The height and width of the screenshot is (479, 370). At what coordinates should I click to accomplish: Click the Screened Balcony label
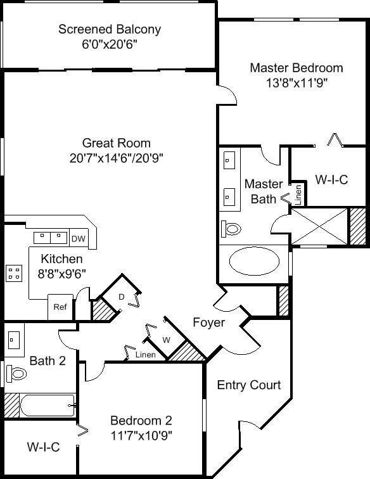[x=109, y=30]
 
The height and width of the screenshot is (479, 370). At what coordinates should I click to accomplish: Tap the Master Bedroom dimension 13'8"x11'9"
[x=297, y=82]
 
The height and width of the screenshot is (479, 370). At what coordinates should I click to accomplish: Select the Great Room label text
[x=116, y=143]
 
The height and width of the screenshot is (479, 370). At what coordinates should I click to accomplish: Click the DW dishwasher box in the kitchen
[x=78, y=238]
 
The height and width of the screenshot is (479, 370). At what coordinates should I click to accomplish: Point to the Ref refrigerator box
[x=60, y=307]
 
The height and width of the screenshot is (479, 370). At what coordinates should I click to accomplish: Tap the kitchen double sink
[x=50, y=237]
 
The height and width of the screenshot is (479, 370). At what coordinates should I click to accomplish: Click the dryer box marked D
[x=122, y=296]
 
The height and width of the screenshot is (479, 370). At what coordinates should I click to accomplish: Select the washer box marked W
[x=166, y=340]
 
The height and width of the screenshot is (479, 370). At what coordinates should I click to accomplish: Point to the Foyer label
[x=208, y=323]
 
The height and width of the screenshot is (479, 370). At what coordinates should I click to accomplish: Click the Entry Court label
[x=248, y=385]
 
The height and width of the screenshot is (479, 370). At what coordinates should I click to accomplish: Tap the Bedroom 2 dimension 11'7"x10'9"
[x=141, y=435]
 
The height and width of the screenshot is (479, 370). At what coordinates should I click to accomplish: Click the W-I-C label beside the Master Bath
[x=331, y=179]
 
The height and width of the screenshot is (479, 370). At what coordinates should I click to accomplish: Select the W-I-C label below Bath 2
[x=43, y=447]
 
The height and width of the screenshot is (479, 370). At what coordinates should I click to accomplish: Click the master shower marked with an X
[x=319, y=227]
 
